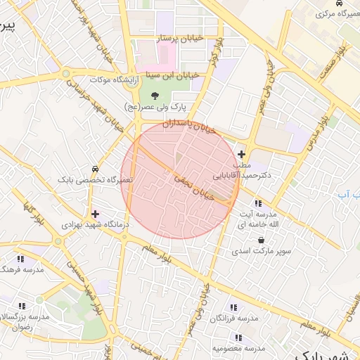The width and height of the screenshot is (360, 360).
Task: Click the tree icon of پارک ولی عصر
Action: pos(155,95)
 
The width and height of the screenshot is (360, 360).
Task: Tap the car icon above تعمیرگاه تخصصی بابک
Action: pos(94,169)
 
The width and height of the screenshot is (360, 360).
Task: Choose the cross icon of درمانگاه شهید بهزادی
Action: pos(95,213)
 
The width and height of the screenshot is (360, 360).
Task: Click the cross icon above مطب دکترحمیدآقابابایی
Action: pos(242,154)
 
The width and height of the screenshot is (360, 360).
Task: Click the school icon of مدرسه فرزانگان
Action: pos(233,307)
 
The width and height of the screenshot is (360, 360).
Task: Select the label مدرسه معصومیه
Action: pos(239,348)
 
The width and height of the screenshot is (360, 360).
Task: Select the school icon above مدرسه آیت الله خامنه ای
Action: pos(258,203)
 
